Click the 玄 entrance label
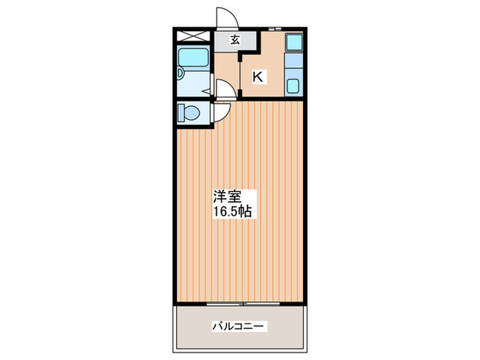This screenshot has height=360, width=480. (235, 40)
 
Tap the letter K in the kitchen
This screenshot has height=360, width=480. (258, 77)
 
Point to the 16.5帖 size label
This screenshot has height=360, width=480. (232, 212)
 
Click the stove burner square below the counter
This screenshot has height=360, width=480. (293, 87)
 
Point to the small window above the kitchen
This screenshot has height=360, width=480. (274, 28)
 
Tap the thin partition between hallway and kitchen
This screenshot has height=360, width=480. (239, 75)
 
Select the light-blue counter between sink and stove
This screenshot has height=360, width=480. (293, 66)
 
